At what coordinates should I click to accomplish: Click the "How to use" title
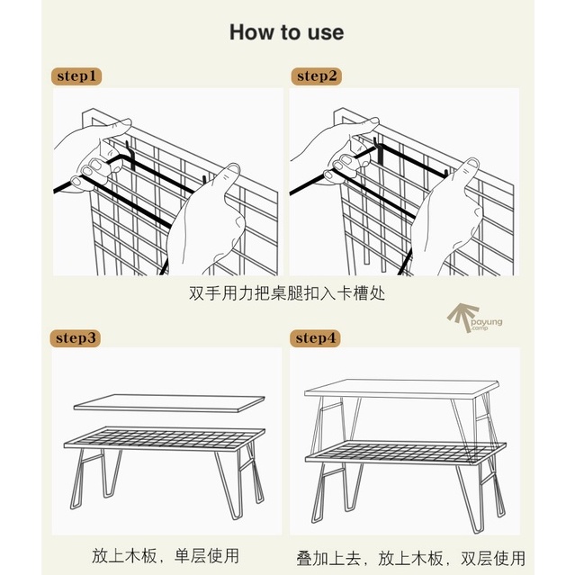pos(286,32)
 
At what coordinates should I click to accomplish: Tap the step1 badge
pos(76,76)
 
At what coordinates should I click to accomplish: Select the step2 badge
pos(317,76)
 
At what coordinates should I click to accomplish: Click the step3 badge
pos(76,338)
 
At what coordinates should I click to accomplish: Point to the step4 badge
pos(315,338)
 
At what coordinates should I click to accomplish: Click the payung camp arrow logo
pos(473,319)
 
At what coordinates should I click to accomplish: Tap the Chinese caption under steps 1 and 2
pos(287,293)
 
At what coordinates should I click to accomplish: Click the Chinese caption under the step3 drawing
pos(166,555)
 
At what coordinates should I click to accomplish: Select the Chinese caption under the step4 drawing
pos(410,558)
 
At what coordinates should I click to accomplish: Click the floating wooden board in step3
pos(169,403)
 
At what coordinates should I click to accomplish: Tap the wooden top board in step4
pos(401,389)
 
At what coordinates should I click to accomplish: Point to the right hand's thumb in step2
pos(466,173)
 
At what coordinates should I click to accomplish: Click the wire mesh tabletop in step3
pos(165,439)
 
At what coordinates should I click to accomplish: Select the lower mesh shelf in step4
pos(406,454)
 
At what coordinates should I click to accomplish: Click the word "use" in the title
pos(326,33)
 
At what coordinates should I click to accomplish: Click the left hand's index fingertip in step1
pos(125,122)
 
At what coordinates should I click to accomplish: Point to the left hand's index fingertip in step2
pos(373,121)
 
